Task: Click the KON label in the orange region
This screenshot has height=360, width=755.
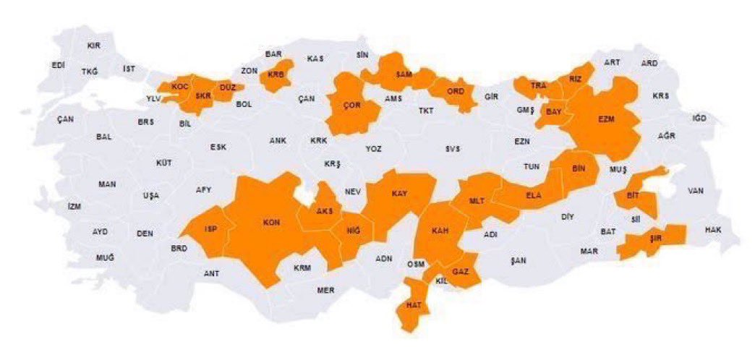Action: coord(272,223)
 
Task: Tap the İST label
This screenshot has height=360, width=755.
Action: coord(129,69)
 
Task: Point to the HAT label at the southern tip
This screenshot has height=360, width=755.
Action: coord(414,305)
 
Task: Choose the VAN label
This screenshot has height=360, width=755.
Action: coord(696,191)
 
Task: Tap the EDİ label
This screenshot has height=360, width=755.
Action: coord(59,65)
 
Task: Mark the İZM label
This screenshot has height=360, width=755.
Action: coord(74,206)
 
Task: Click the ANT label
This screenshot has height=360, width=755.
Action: coord(211,273)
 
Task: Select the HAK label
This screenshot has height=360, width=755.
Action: coord(714,230)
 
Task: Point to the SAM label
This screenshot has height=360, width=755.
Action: coord(404,74)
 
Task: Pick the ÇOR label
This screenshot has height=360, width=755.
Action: coord(352,106)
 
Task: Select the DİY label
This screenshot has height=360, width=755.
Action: coord(567,216)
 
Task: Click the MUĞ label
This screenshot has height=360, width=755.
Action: coord(105,258)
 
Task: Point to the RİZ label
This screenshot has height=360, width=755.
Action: coord(575,79)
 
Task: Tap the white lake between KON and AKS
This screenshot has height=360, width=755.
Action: coord(307,195)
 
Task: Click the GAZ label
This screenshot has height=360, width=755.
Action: coord(461,271)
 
